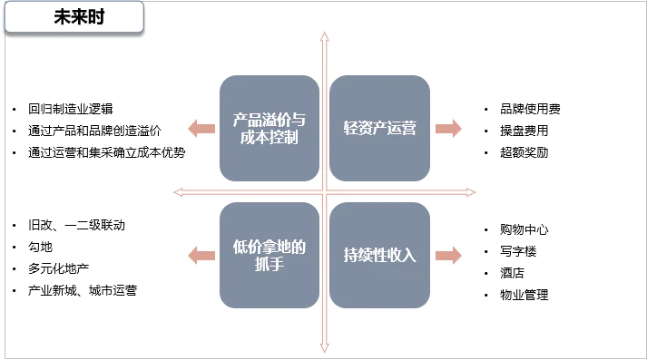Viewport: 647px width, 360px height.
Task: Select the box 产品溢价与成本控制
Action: [x=270, y=128]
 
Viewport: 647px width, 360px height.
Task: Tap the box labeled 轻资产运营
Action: [x=379, y=128]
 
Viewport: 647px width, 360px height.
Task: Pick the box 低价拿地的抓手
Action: [x=270, y=255]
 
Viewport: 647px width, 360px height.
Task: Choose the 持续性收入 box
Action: [x=379, y=255]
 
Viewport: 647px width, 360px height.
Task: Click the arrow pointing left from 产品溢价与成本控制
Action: [x=201, y=128]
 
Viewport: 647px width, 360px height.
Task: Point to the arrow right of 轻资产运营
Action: [x=448, y=128]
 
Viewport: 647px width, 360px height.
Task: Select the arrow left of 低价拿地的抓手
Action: [x=201, y=255]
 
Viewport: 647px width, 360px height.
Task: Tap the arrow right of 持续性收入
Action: [x=448, y=255]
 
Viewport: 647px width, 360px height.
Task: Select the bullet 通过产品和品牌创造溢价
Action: [x=94, y=131]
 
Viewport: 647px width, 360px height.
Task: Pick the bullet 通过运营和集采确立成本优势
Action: [x=106, y=152]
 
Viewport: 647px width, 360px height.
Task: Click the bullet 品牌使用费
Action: [x=530, y=109]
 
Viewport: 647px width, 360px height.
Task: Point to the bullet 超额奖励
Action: [x=524, y=152]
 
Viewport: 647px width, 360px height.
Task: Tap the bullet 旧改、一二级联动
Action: [x=76, y=225]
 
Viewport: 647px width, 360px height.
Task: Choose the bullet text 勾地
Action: [x=40, y=247]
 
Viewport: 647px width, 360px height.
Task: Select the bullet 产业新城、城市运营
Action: [x=82, y=290]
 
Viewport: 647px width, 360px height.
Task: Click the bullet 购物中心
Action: [x=524, y=229]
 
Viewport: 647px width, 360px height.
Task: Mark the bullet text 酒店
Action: [x=512, y=273]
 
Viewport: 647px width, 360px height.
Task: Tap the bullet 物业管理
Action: [x=524, y=295]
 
